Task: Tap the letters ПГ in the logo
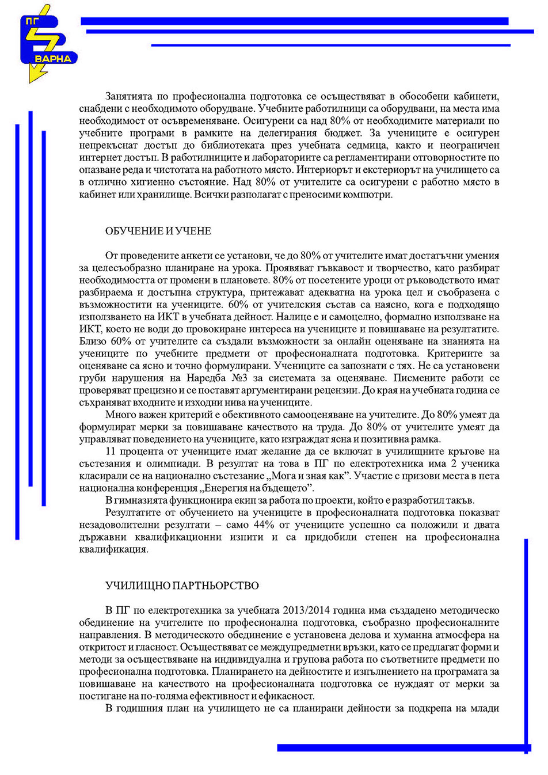click(x=31, y=20)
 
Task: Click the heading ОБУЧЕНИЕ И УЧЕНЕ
click(x=158, y=231)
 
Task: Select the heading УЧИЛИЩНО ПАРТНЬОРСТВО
click(x=182, y=586)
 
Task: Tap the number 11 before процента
click(x=111, y=451)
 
